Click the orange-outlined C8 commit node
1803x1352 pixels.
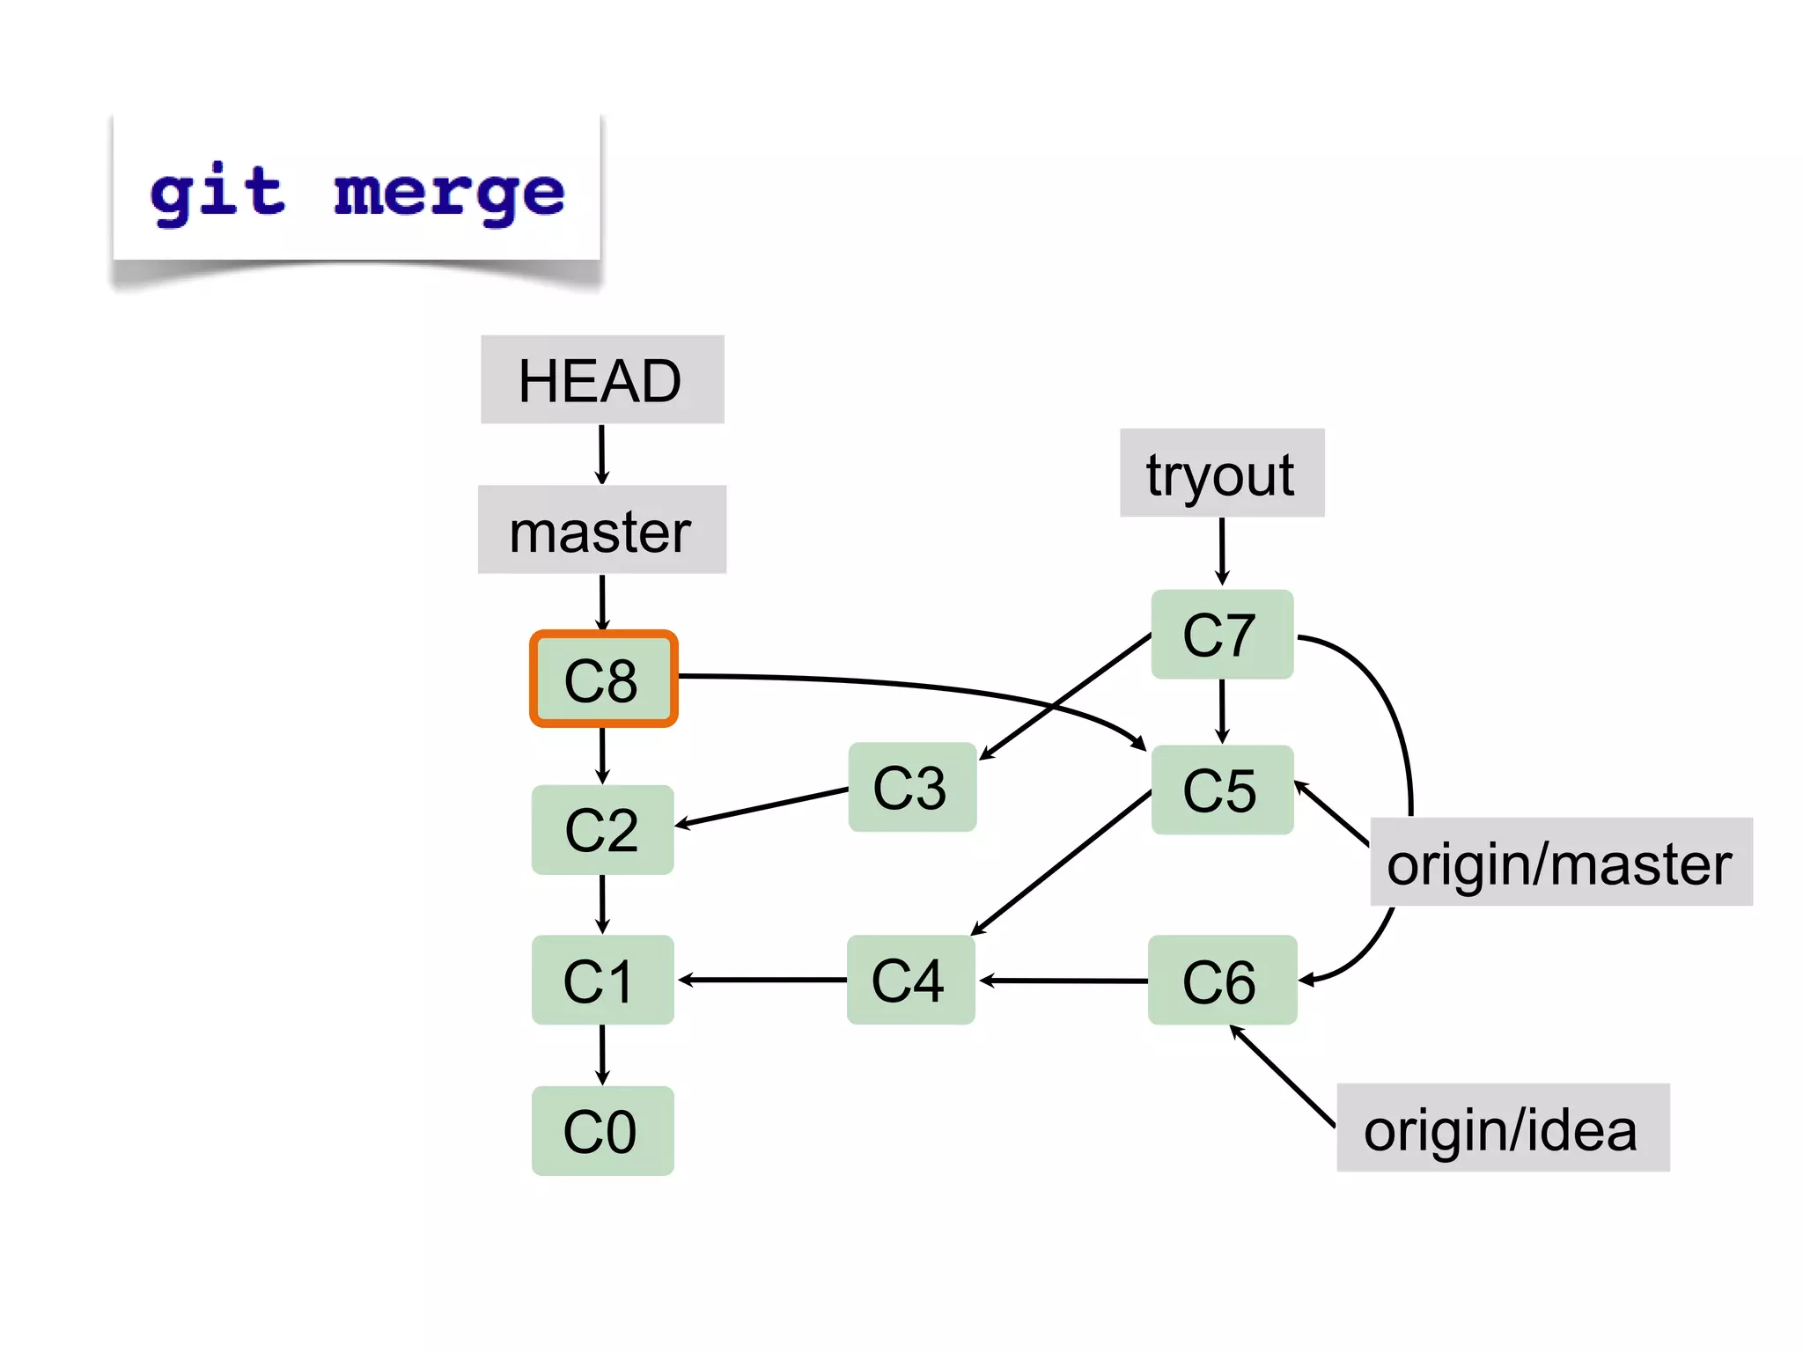(603, 679)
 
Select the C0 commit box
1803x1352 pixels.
(602, 1130)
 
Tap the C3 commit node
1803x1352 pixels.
(912, 787)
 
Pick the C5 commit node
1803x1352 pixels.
(1222, 790)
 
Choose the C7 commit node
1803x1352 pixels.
(1222, 634)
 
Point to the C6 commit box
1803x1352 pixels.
(1222, 980)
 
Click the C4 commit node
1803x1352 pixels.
(910, 980)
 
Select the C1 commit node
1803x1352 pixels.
(602, 980)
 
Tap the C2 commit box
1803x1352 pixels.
(602, 829)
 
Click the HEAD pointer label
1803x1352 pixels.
(602, 379)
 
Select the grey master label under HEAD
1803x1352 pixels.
(602, 530)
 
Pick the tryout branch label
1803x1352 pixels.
(1222, 473)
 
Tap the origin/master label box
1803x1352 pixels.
(1561, 862)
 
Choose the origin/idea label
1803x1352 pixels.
(1502, 1128)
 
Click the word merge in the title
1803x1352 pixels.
(449, 192)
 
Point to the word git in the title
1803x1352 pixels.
(217, 192)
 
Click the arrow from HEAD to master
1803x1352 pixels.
(602, 454)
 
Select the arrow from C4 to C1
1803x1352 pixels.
(762, 980)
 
